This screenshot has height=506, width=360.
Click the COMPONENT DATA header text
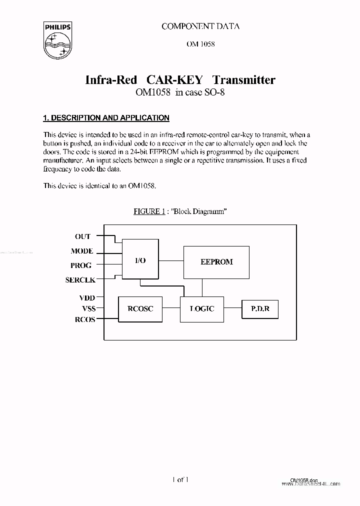tap(200, 26)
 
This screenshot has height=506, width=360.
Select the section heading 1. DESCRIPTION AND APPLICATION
tap(106, 118)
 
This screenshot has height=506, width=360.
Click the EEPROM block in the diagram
tap(216, 262)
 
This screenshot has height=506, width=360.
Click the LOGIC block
tap(202, 309)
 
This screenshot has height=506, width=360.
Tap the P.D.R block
tap(260, 309)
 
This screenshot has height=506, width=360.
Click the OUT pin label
tap(83, 236)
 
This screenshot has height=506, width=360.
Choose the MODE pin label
tap(82, 251)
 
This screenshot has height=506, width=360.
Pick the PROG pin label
tap(81, 265)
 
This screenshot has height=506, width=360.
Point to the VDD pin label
tap(85, 297)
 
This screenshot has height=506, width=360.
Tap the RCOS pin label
tap(84, 319)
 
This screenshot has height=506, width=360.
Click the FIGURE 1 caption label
tap(149, 211)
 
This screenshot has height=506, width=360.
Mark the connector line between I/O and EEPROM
tap(171, 260)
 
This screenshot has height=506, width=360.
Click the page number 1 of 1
tap(180, 480)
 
